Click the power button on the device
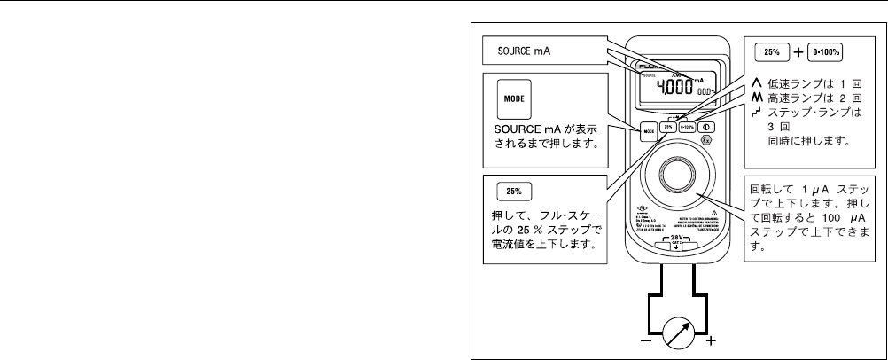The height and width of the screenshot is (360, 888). [711, 126]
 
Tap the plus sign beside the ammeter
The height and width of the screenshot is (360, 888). [709, 340]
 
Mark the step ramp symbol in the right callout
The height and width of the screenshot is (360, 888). [758, 112]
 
